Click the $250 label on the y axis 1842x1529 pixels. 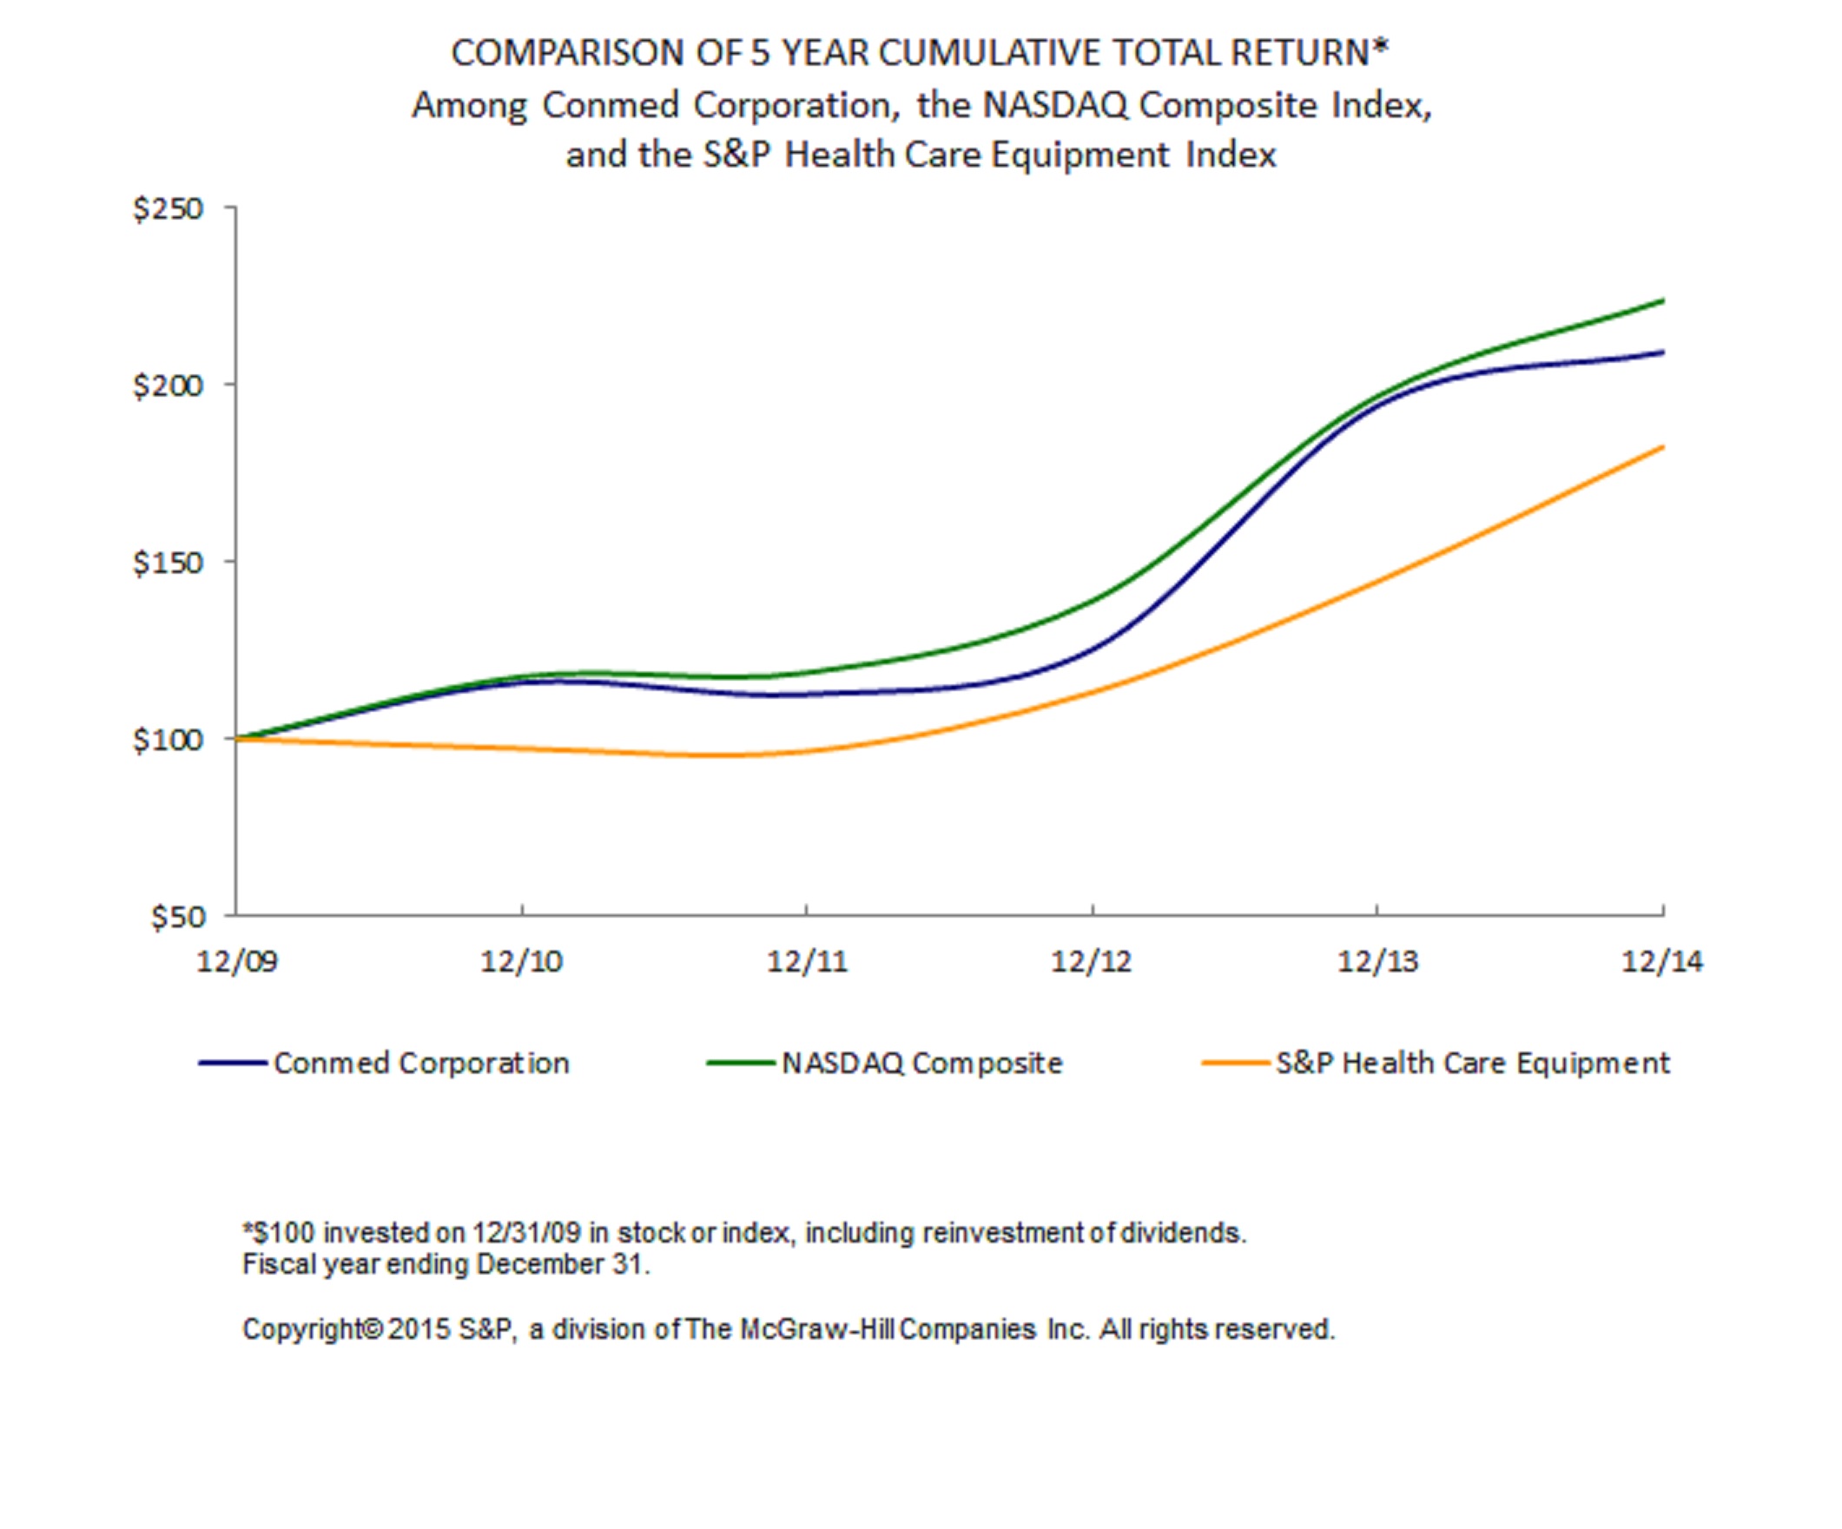pos(168,208)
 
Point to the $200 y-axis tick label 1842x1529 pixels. pos(168,385)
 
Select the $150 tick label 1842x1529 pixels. pos(168,562)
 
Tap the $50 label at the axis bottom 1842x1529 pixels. pos(177,917)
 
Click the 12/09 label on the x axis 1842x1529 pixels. pos(237,962)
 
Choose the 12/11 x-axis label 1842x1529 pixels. pos(807,962)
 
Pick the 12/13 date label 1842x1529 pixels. pos(1377,962)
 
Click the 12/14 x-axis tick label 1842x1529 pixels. pos(1661,962)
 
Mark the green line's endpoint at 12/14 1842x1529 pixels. pos(1662,301)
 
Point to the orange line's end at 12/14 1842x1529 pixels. pos(1662,447)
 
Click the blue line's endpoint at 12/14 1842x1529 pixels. pos(1662,353)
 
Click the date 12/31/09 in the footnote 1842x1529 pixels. pos(526,1233)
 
